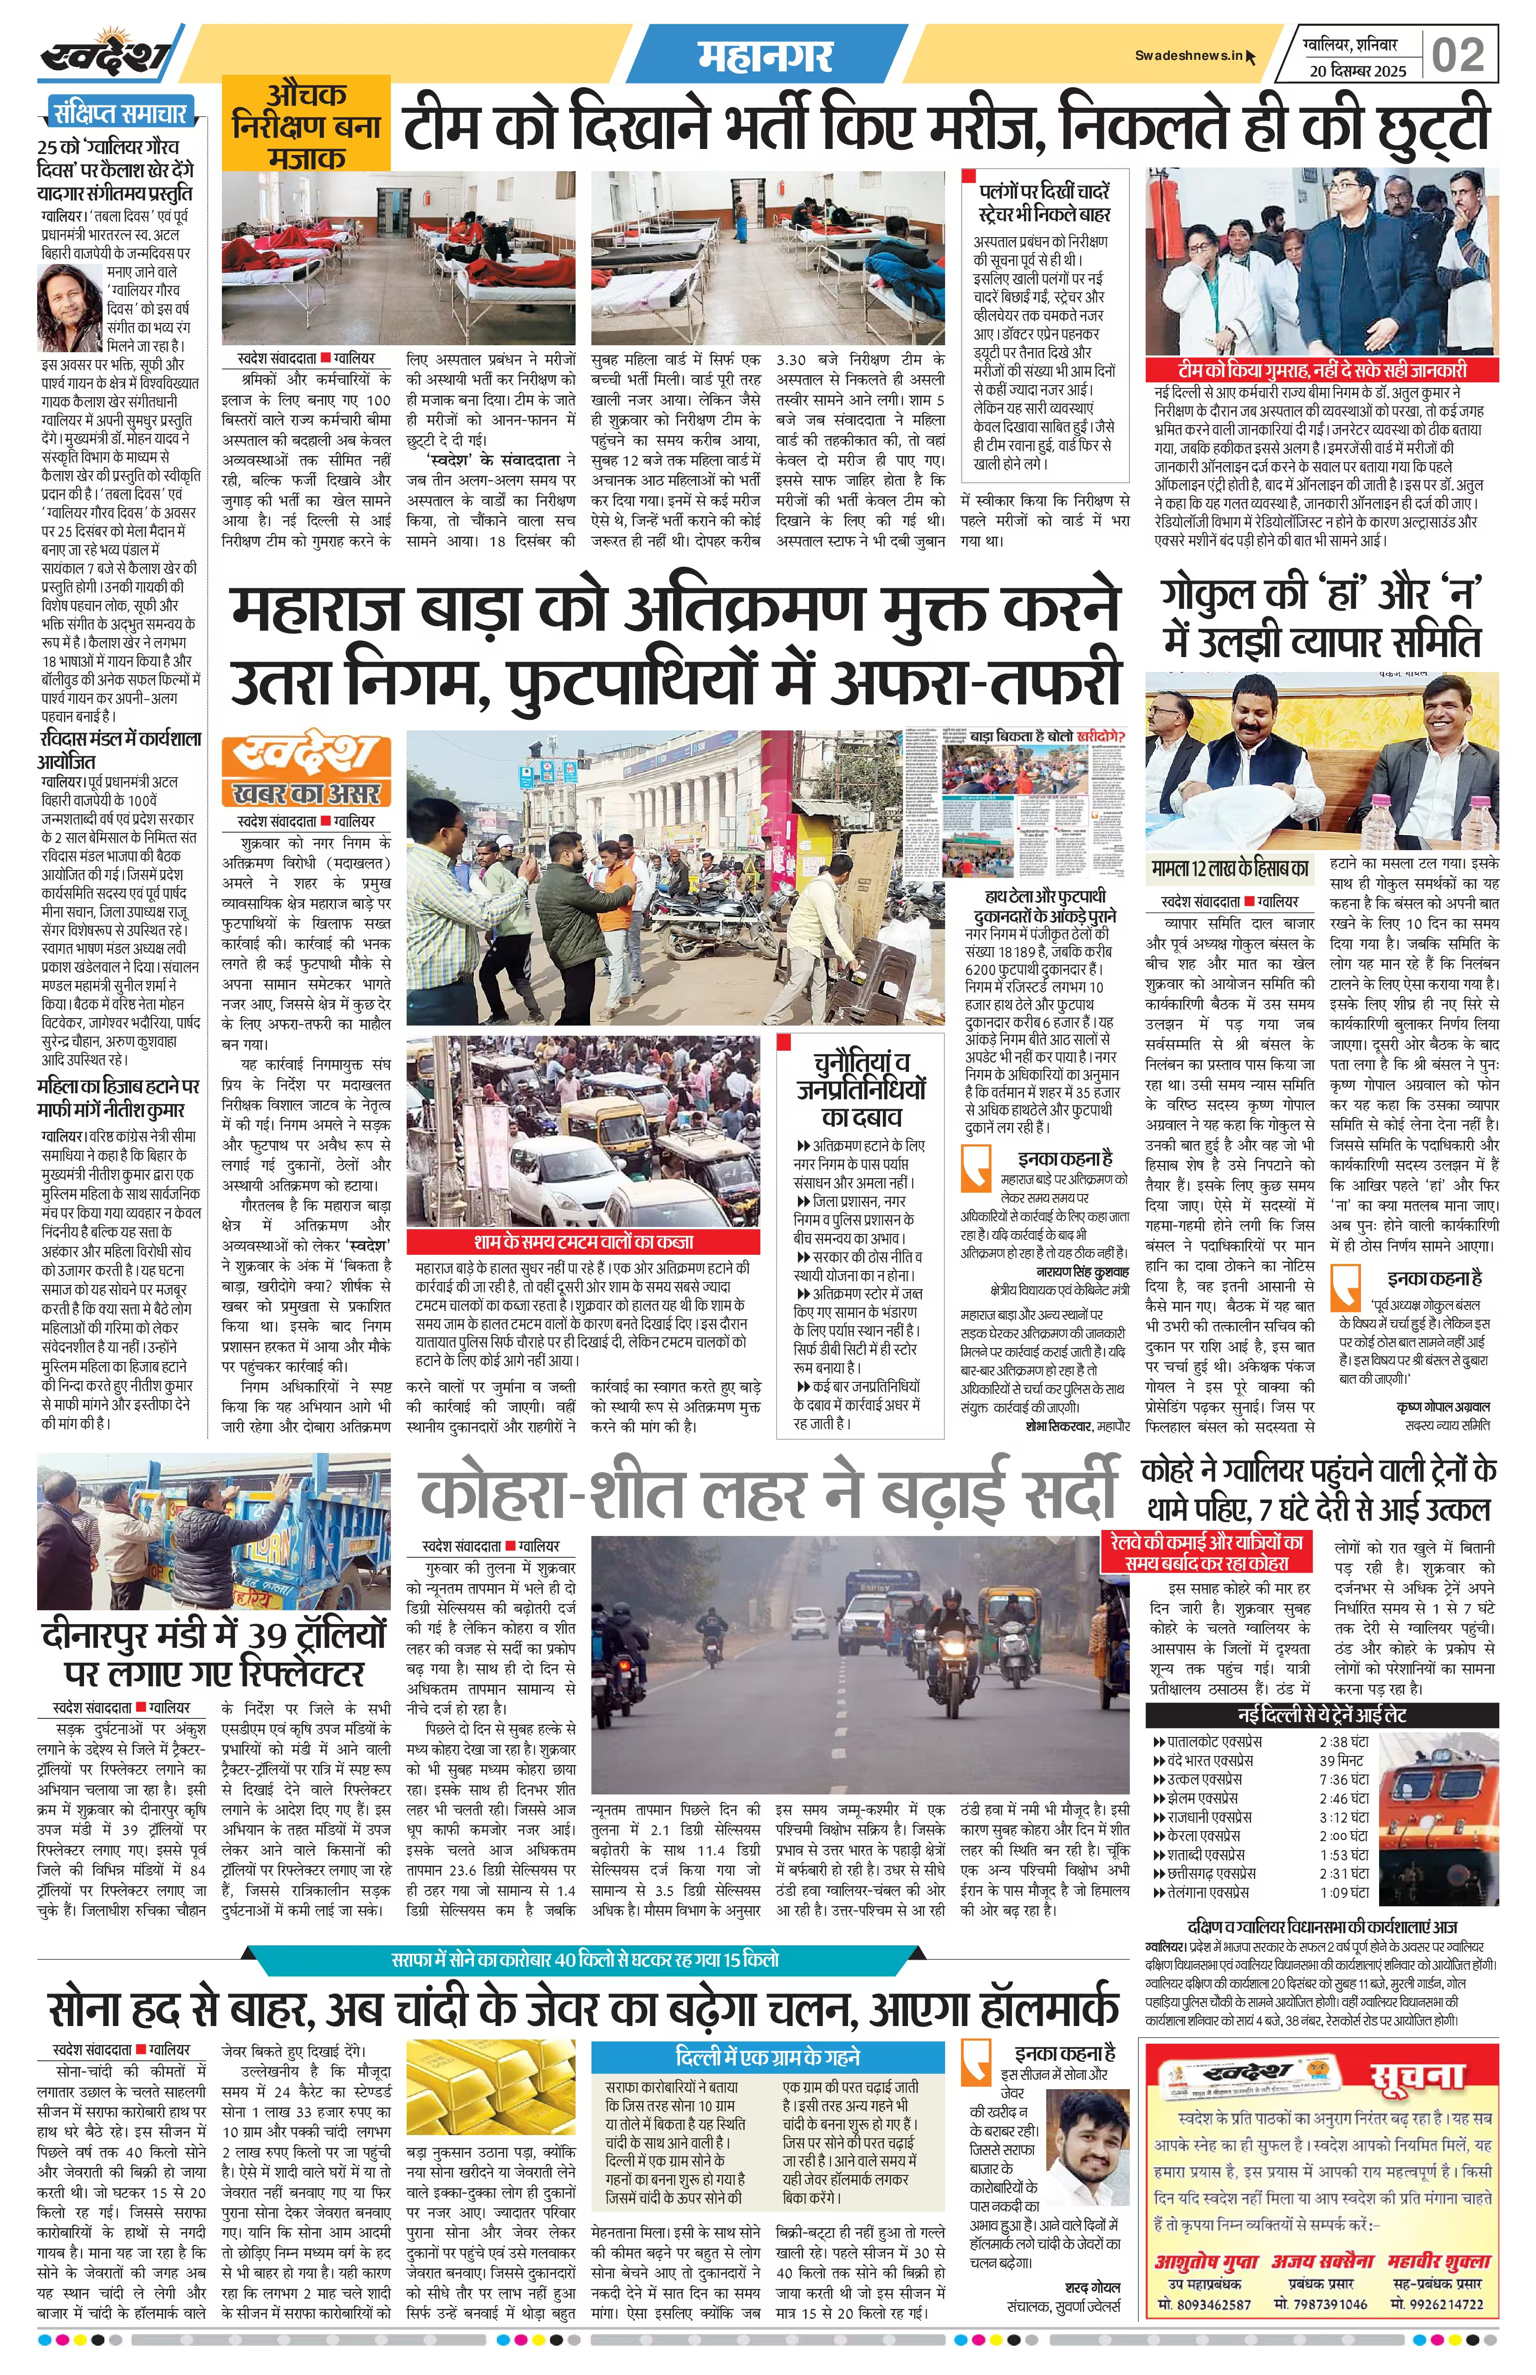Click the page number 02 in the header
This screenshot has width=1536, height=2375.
coord(1458,55)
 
